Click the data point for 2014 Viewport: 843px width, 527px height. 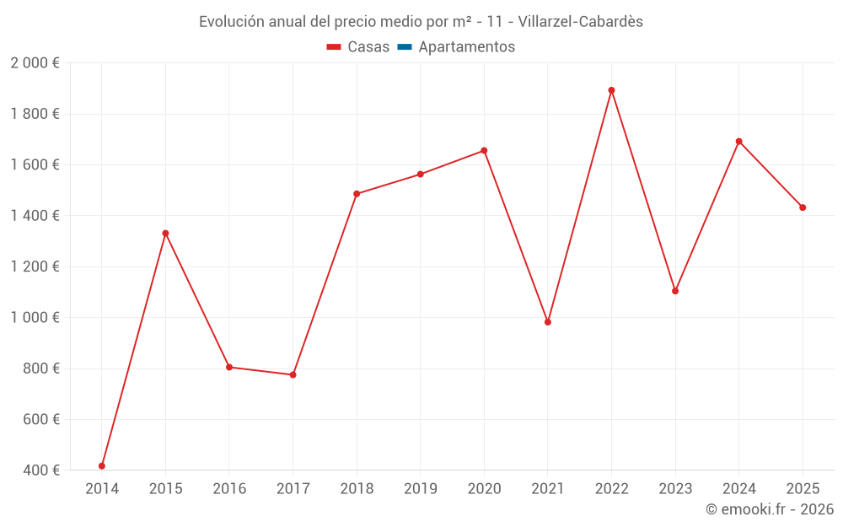102,465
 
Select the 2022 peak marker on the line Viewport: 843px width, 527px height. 611,90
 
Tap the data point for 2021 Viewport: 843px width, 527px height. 548,322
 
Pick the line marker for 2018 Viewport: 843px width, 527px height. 357,194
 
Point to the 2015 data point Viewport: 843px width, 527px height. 165,233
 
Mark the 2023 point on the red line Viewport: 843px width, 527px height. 675,291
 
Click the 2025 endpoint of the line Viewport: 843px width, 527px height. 803,207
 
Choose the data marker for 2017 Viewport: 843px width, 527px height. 293,374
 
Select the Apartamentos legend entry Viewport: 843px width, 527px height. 466,47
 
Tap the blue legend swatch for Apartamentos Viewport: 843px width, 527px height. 405,47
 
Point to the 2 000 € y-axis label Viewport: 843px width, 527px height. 35,63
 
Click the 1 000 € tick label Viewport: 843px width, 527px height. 35,318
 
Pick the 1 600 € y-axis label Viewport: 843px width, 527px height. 35,165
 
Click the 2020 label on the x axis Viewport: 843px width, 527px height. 484,488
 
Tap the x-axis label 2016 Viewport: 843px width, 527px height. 229,488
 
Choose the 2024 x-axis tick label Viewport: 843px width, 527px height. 739,488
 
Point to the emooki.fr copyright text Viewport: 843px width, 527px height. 770,509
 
